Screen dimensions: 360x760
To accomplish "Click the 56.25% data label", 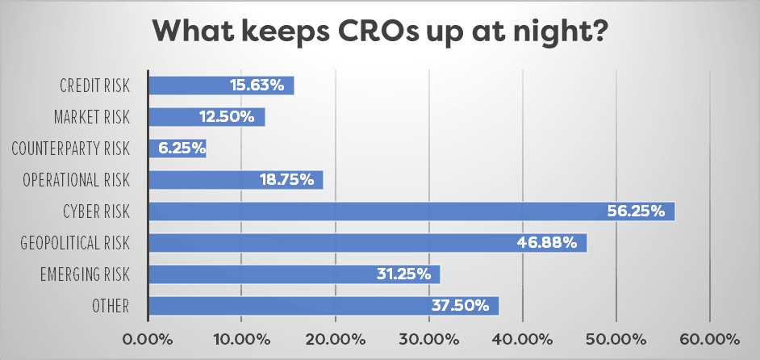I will [x=636, y=211].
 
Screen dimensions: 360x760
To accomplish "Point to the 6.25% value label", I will [x=182, y=148].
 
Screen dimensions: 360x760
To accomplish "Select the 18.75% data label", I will [x=286, y=179].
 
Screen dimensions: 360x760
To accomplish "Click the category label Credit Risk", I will [x=94, y=85].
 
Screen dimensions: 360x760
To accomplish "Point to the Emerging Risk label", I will [x=85, y=275].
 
